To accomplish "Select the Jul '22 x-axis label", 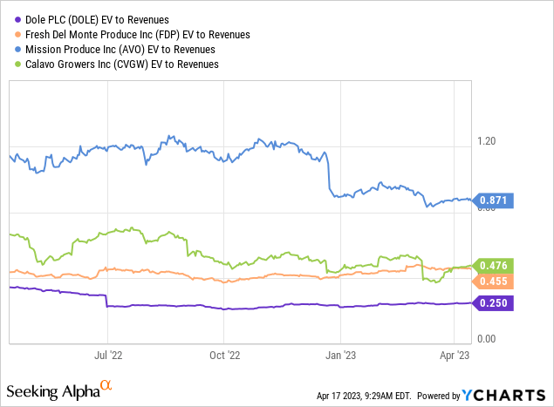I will pyautogui.click(x=107, y=355).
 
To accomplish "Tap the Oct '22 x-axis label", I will pyautogui.click(x=224, y=355).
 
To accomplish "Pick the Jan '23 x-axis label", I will pyautogui.click(x=339, y=355).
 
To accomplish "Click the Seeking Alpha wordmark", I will pyautogui.click(x=52, y=388).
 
